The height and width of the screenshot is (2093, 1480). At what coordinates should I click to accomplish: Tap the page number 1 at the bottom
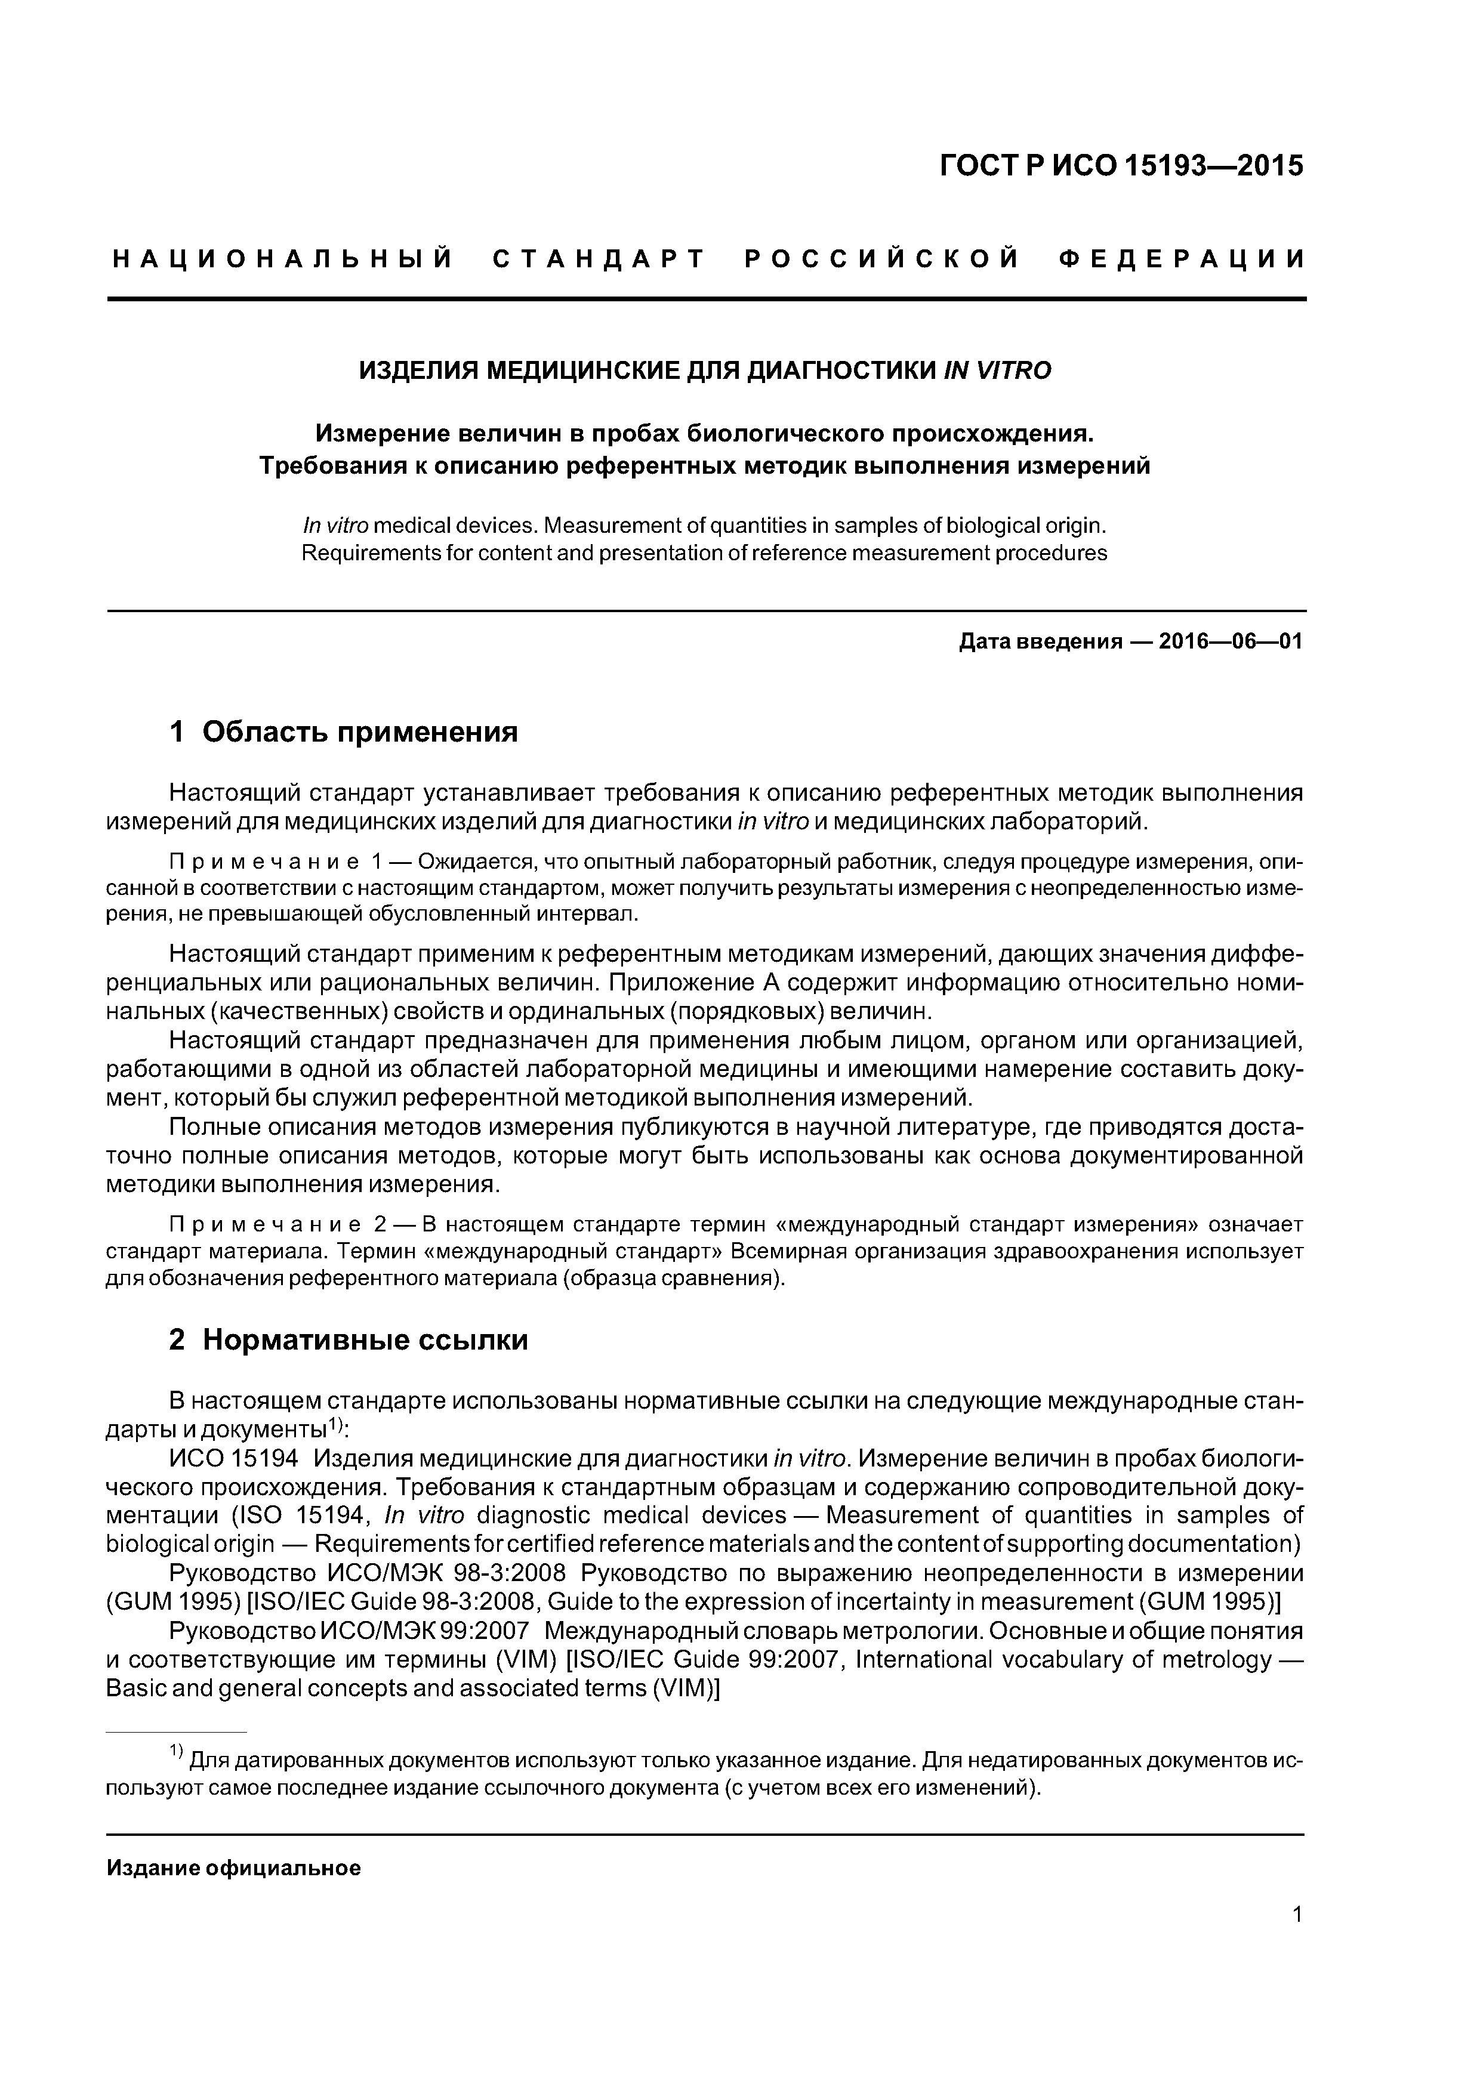point(1297,1939)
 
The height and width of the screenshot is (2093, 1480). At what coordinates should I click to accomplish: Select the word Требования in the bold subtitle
point(328,466)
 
